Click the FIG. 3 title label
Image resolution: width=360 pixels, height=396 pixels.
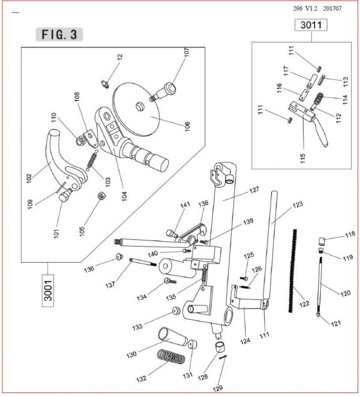(59, 34)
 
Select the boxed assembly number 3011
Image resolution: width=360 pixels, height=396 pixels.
(311, 25)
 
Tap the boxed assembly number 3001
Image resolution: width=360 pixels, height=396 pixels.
(48, 290)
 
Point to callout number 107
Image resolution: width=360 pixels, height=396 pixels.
(187, 52)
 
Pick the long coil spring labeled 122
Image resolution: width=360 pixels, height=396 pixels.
(293, 271)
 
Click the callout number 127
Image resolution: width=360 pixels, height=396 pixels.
(254, 190)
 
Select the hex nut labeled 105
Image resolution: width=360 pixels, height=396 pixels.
(101, 196)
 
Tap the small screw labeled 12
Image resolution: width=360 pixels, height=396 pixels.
(105, 83)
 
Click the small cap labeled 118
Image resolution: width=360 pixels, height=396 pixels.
(322, 241)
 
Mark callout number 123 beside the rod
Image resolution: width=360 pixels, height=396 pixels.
(298, 205)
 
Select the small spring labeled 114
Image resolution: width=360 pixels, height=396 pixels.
(319, 100)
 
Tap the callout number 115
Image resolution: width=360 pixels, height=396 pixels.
(302, 158)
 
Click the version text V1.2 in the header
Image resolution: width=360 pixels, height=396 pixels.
(311, 8)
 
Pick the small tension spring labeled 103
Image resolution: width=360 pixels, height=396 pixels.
(92, 160)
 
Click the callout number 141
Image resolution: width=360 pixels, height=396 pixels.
(185, 205)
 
